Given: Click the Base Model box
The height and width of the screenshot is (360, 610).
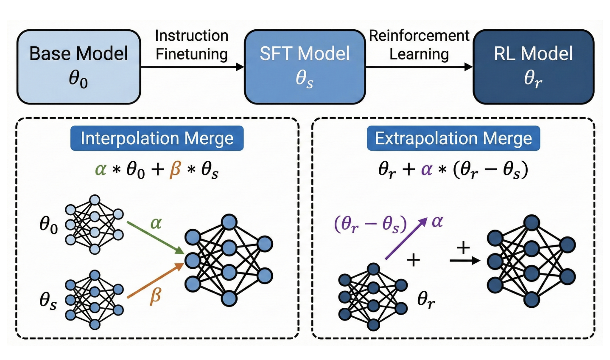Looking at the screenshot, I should click(x=78, y=67).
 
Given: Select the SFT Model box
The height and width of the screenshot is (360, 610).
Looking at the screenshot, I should click(x=305, y=67).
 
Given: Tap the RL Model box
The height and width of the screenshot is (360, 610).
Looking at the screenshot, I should click(x=533, y=67).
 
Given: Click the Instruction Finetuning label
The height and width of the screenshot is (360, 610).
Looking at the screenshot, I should click(x=192, y=45).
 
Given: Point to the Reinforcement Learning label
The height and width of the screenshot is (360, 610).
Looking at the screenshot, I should click(x=419, y=45).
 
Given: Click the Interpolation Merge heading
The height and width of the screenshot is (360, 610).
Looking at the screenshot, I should click(x=157, y=138).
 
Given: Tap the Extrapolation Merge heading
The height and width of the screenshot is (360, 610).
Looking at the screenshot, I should click(x=453, y=138).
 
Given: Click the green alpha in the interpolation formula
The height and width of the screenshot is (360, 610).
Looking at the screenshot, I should click(x=101, y=169).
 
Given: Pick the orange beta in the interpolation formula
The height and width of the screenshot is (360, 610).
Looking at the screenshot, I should click(x=175, y=169).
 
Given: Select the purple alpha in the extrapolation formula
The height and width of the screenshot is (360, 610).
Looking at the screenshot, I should click(x=426, y=169).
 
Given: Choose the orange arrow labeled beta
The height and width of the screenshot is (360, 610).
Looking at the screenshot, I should click(x=155, y=280).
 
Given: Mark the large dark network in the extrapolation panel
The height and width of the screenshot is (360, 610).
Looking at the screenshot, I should click(x=531, y=261).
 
